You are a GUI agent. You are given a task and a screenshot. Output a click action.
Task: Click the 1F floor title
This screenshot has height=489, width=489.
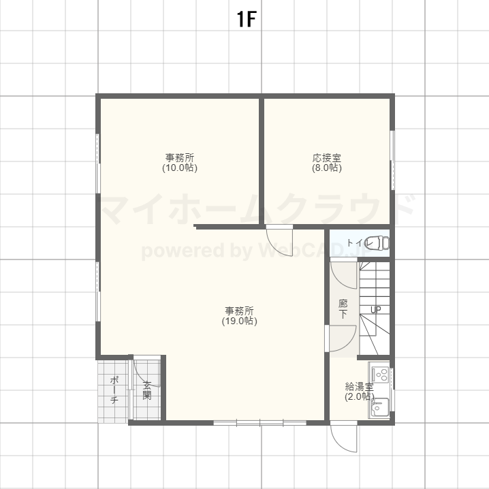(246, 20)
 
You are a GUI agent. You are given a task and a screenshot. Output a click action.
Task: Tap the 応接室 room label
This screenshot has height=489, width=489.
(327, 158)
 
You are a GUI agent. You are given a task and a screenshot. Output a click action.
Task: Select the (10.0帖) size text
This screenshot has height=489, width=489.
(180, 168)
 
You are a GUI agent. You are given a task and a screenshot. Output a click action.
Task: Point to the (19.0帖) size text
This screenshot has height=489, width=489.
(240, 321)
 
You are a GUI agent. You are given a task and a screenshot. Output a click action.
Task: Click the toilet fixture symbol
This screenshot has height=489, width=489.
(382, 242)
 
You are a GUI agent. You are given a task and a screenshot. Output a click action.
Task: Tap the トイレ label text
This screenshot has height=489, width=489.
(359, 243)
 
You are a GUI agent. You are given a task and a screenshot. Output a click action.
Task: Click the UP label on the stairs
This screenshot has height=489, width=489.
(375, 311)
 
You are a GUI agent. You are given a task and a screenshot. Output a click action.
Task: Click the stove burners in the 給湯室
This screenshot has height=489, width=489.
(380, 374)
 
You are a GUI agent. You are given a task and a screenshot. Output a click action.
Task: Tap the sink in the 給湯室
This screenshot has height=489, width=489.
(380, 407)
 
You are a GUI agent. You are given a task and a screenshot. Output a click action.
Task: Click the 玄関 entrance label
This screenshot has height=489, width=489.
(147, 390)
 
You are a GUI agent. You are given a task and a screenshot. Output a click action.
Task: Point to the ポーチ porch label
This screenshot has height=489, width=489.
(114, 390)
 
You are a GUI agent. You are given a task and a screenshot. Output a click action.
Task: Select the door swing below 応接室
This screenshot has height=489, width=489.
(279, 240)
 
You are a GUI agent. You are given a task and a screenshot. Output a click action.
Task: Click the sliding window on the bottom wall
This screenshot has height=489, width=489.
(249, 423)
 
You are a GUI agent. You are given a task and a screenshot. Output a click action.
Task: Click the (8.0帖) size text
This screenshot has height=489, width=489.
(327, 168)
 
